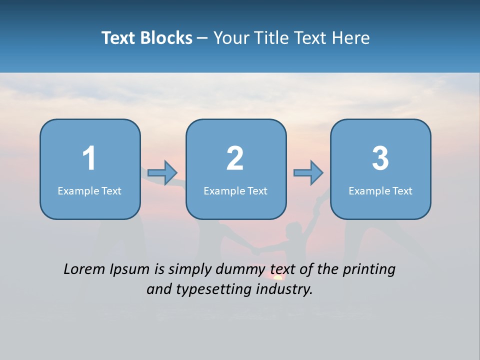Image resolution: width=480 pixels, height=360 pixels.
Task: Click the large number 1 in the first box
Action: click(89, 158)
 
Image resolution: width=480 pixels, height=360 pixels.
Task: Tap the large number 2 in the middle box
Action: click(235, 158)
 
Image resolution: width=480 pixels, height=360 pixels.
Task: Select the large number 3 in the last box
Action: click(380, 158)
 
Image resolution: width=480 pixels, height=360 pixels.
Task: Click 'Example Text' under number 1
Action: click(89, 190)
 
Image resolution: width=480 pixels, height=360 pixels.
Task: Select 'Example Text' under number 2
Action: click(235, 190)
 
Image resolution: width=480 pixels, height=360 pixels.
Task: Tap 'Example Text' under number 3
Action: click(380, 190)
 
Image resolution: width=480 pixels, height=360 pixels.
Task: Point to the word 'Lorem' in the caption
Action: click(84, 269)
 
